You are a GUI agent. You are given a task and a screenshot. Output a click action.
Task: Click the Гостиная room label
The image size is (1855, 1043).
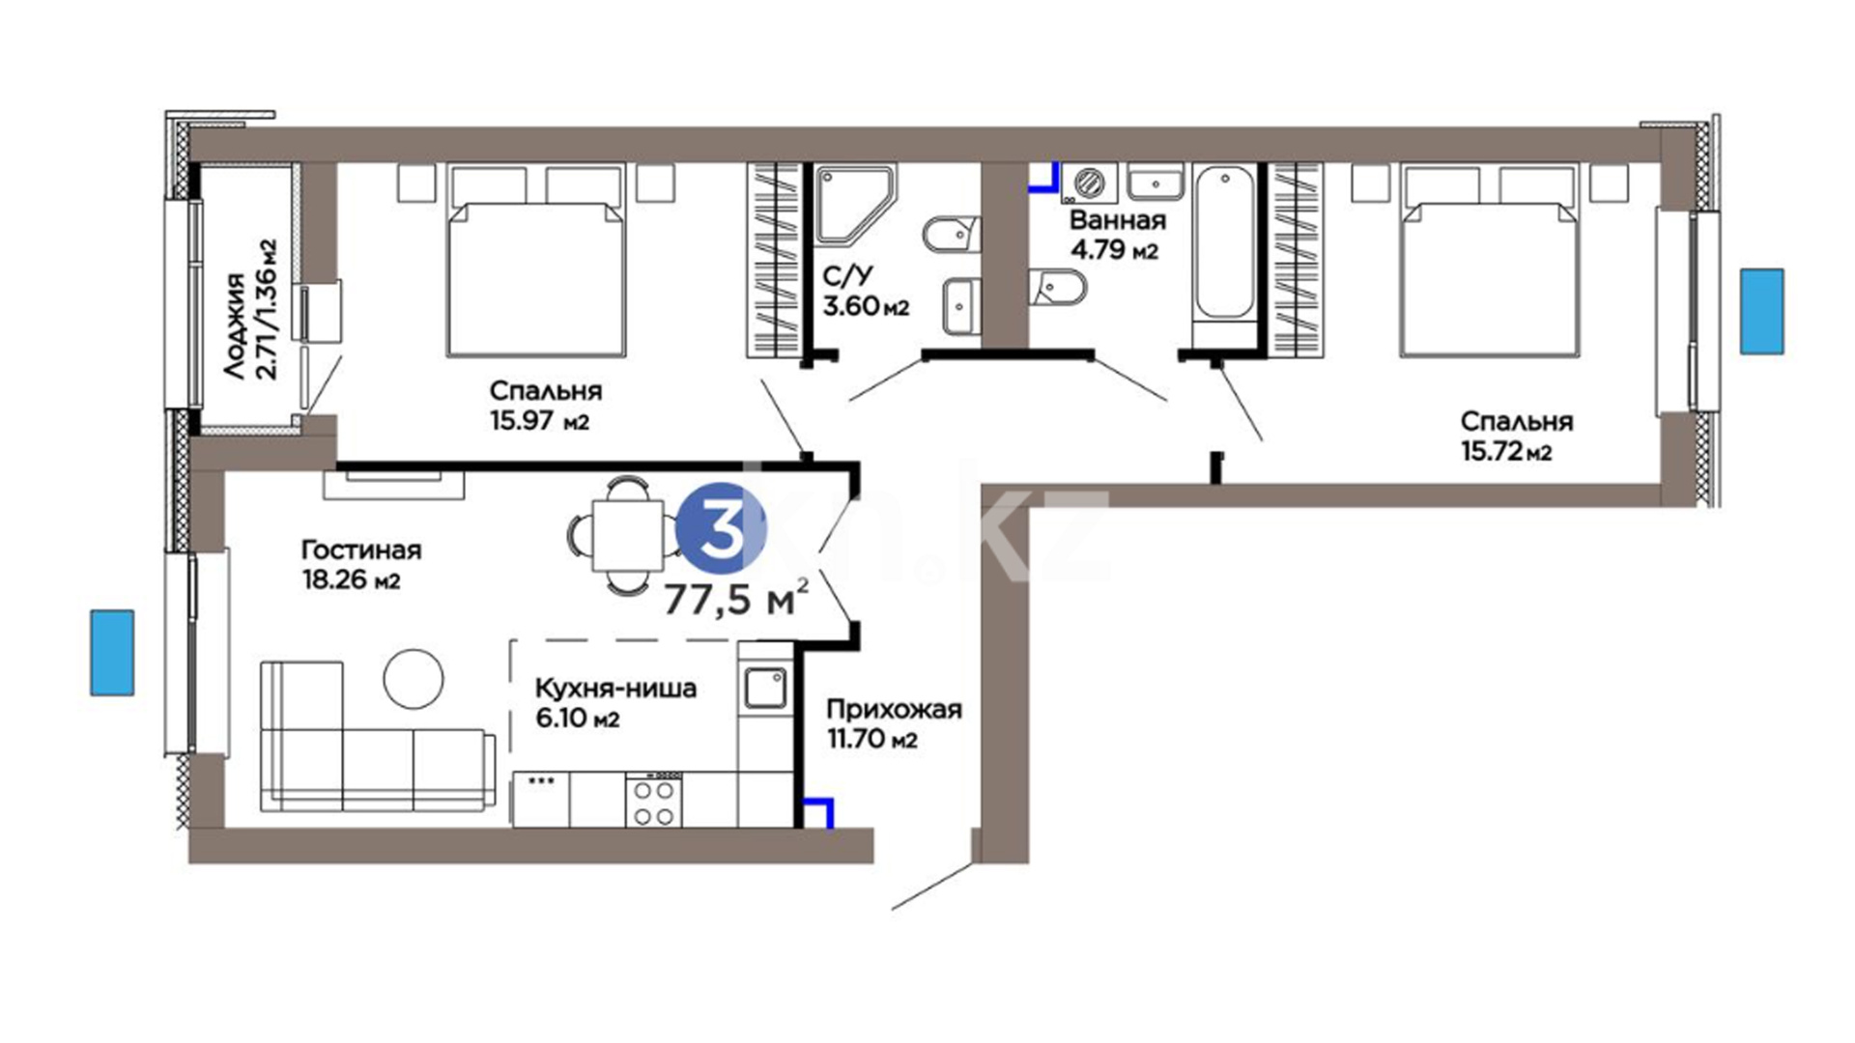(x=361, y=550)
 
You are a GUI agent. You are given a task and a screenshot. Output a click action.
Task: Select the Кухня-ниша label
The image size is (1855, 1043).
(x=615, y=689)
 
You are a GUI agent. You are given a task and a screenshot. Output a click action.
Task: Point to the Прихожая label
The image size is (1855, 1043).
(x=894, y=710)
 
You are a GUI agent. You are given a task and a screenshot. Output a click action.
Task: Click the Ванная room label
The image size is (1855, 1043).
(x=1118, y=219)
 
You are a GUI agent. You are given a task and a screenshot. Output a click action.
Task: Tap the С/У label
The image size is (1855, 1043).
(x=847, y=276)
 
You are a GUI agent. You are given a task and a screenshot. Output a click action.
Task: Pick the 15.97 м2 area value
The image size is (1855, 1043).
(x=539, y=421)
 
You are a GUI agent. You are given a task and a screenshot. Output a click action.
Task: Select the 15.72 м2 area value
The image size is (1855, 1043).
(x=1506, y=451)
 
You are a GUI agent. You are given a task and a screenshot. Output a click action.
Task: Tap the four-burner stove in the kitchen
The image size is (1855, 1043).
(x=653, y=802)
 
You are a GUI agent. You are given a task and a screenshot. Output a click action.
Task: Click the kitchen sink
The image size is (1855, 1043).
(x=766, y=687)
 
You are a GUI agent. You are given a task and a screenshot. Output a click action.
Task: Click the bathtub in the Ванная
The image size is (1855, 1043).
(x=1224, y=243)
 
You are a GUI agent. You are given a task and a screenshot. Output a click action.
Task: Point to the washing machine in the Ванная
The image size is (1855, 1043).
(x=1089, y=183)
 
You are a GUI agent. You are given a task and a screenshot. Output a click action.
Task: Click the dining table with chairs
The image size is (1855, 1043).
(x=627, y=536)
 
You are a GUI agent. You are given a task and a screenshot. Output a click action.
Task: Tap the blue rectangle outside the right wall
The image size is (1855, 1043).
(x=1762, y=312)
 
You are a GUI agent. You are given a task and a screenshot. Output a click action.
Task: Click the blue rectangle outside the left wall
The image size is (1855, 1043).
(x=112, y=652)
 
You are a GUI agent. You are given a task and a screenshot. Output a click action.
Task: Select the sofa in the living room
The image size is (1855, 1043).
(x=378, y=737)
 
